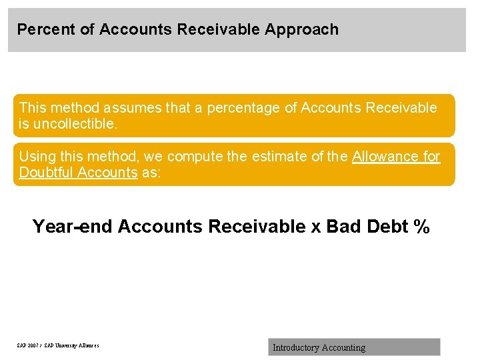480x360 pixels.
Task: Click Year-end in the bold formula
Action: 73,227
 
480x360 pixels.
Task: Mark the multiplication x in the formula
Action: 316,227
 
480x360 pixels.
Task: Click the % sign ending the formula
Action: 421,227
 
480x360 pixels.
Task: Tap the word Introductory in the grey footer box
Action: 295,347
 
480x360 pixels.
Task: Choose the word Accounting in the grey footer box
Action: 343,347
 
